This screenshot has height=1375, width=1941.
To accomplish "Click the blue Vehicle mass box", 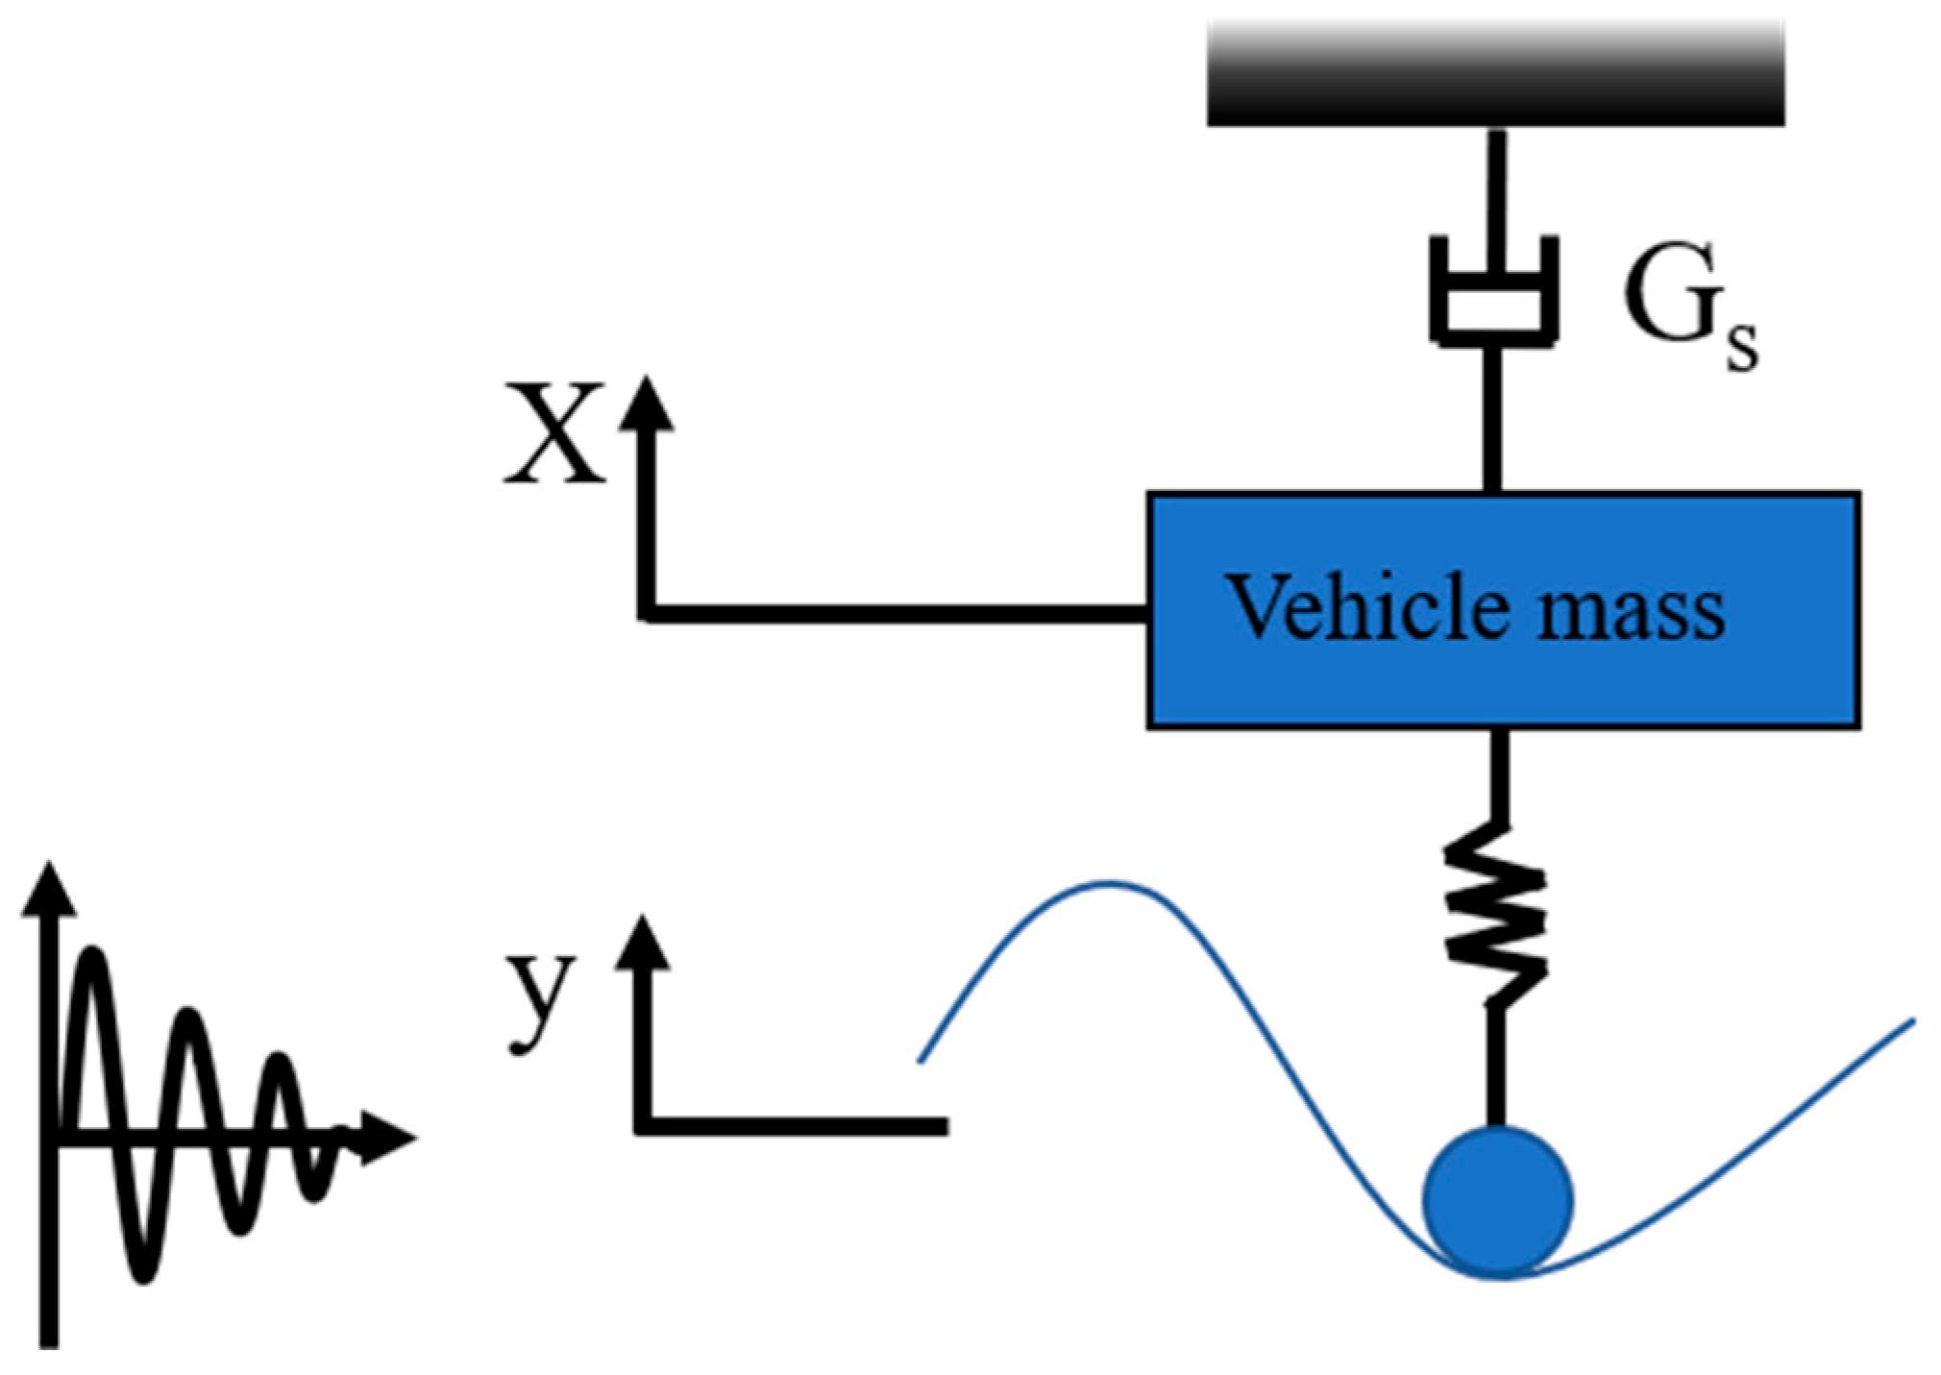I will (x=1502, y=673).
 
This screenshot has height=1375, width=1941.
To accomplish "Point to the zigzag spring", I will (x=1495, y=913).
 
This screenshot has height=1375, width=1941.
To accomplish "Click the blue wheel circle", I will (x=1497, y=1201).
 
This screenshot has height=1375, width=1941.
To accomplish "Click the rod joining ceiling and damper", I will (x=1496, y=183).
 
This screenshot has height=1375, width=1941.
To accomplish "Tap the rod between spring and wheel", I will (x=1495, y=1067).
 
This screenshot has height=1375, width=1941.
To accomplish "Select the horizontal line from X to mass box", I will (x=894, y=613).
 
